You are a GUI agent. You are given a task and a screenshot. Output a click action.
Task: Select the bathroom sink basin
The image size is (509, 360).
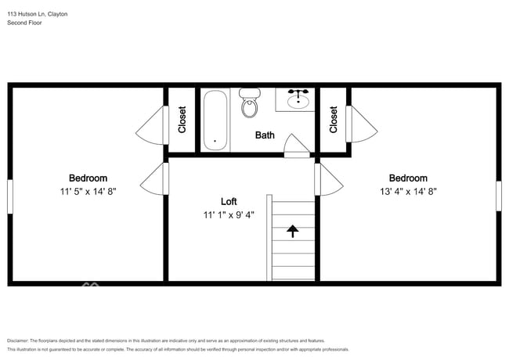click(298, 100)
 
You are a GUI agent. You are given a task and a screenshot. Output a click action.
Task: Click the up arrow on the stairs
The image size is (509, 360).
click(293, 231)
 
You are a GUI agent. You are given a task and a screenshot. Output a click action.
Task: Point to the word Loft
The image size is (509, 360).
click(229, 200)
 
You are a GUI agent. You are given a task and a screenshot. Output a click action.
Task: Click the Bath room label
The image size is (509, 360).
click(265, 135)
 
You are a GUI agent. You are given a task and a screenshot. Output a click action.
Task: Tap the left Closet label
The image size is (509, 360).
click(182, 120)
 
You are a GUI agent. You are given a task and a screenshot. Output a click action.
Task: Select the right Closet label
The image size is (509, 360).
click(334, 120)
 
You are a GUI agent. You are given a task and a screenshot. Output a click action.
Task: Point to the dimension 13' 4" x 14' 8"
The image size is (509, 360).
click(408, 191)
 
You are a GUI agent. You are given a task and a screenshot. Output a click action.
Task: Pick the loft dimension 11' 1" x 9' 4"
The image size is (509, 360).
click(229, 213)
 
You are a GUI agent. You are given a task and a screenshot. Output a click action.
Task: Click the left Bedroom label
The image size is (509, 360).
click(88, 178)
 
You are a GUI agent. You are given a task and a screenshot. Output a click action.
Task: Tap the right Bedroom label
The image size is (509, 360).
click(408, 178)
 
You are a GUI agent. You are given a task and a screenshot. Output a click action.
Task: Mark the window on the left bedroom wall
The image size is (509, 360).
click(10, 196)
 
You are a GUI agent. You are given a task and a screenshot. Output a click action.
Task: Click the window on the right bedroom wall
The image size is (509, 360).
click(498, 196)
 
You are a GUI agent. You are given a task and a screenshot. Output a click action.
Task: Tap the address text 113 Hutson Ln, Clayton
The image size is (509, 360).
click(37, 14)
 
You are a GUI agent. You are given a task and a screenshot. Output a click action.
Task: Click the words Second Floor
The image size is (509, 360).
click(24, 23)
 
